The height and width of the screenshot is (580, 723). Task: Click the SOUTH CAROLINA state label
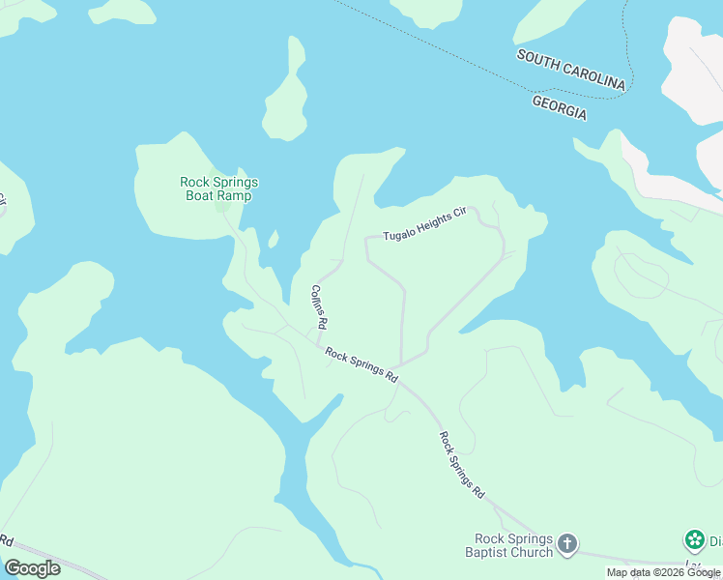[x=571, y=71]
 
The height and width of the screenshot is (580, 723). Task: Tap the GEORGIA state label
[x=560, y=106]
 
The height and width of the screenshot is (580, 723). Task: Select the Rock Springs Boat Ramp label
[x=219, y=188]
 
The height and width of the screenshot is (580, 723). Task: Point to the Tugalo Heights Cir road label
[x=424, y=225]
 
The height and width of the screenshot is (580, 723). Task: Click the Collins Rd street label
[x=319, y=306]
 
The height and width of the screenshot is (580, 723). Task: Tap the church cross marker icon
[x=567, y=544]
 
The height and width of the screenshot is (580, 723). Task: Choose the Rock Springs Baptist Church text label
[x=513, y=545]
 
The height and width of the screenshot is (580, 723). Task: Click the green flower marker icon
[x=694, y=539]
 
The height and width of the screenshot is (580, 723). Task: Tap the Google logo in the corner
[x=32, y=568]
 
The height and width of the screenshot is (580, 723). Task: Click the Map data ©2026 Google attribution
[x=663, y=572]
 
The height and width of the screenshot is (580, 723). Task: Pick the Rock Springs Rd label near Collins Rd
[x=362, y=366]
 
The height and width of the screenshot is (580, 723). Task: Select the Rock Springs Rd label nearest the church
[x=462, y=464]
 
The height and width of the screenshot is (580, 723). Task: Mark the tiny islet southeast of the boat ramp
[x=274, y=238]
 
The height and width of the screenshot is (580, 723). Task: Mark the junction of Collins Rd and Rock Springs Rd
[x=319, y=345]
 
